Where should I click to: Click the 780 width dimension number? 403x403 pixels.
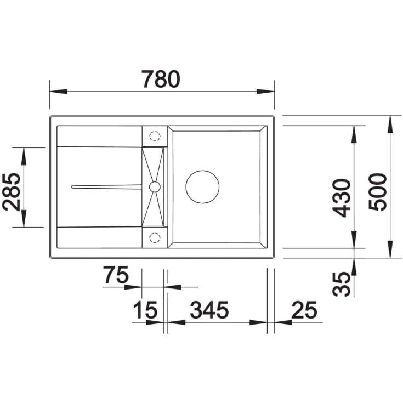(161, 79)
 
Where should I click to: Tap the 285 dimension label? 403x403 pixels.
(11, 192)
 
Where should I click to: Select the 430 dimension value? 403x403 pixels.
(342, 198)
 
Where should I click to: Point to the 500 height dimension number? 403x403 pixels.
(377, 192)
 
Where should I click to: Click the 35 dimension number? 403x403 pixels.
(342, 284)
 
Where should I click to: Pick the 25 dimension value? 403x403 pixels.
(304, 310)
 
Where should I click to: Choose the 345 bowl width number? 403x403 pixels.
(209, 310)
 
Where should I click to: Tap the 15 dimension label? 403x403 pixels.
(145, 310)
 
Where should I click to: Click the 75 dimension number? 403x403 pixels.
(116, 274)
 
